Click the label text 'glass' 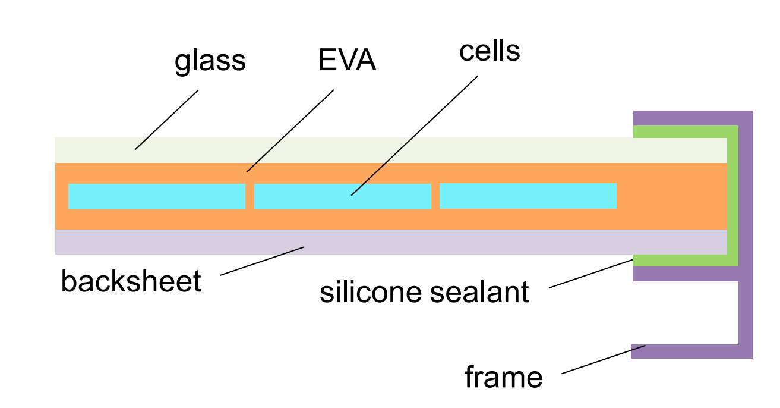(x=210, y=61)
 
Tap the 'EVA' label (x=347, y=61)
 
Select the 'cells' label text (x=490, y=52)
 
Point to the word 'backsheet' (x=131, y=281)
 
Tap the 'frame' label (x=503, y=377)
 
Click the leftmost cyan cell (x=157, y=196)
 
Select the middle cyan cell (x=342, y=196)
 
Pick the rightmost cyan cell (x=528, y=196)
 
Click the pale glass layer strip (x=356, y=150)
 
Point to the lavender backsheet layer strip (x=416, y=242)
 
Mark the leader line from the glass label (x=166, y=120)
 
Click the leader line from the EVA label (x=290, y=131)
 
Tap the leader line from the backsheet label (x=262, y=261)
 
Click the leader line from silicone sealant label (x=590, y=274)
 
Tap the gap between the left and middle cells (x=250, y=196)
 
